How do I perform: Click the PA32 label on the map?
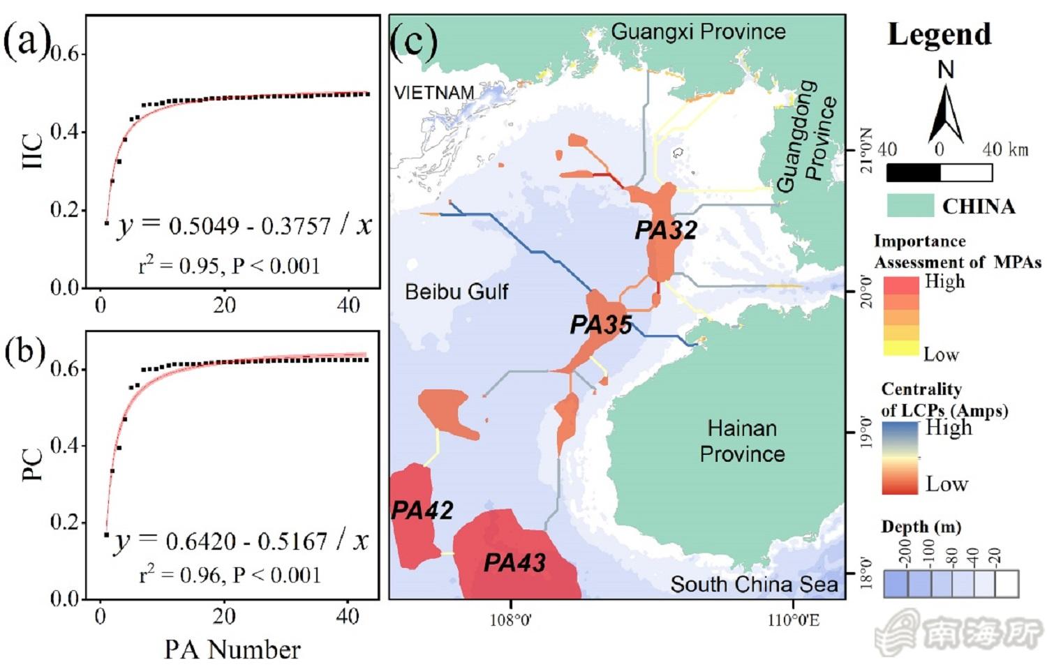[x=665, y=230]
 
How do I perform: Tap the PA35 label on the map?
[x=600, y=324]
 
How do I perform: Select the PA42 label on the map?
[x=422, y=510]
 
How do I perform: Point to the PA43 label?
[x=514, y=562]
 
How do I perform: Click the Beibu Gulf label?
[x=456, y=291]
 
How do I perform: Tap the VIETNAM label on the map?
[x=433, y=93]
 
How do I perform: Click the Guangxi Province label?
[x=698, y=31]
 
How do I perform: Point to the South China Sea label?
[x=754, y=584]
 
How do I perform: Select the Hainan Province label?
[x=742, y=441]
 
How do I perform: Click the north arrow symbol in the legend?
[x=945, y=105]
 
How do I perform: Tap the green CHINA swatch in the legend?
[x=909, y=206]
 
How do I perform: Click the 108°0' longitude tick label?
[x=511, y=620]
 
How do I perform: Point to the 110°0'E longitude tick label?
[x=794, y=620]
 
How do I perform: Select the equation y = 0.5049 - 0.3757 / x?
[x=244, y=225]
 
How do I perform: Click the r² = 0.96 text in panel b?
[x=230, y=575]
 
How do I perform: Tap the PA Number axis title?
[x=232, y=650]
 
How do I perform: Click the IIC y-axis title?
[x=33, y=151]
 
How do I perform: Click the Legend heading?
[x=939, y=34]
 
